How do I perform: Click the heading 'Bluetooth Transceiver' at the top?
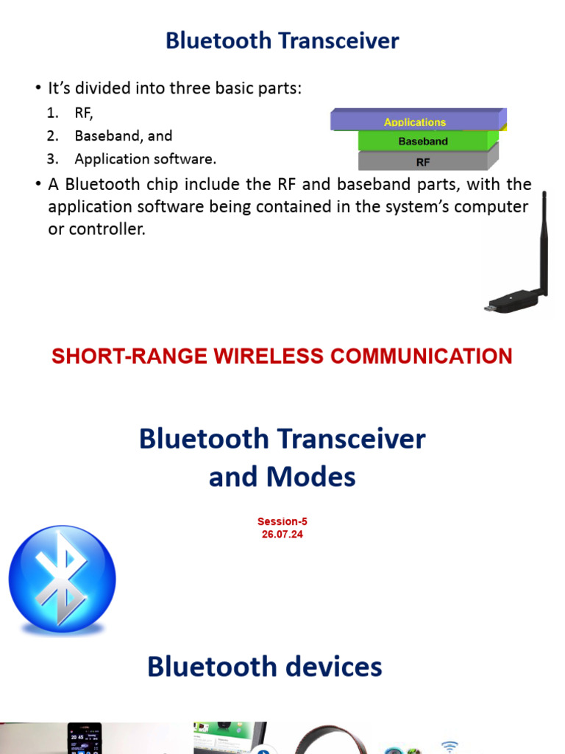282,40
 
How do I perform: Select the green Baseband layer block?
423,141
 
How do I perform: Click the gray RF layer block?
423,161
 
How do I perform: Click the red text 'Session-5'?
282,521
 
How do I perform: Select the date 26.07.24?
282,535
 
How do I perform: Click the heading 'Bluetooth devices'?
264,667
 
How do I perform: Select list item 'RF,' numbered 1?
84,113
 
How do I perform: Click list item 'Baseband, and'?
123,135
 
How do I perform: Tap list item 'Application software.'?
145,158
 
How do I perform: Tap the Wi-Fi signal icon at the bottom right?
450,745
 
